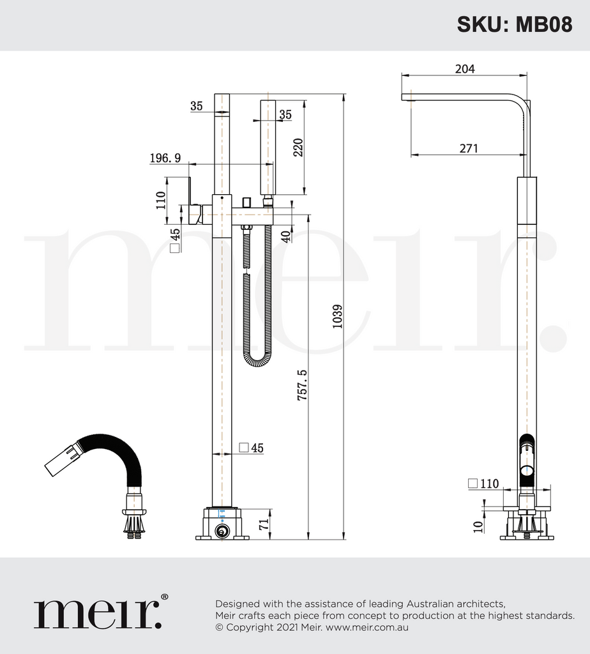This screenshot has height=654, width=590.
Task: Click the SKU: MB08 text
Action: click(x=514, y=24)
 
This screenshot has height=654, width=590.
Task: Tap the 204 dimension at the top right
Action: click(x=464, y=69)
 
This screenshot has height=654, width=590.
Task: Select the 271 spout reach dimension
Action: click(x=468, y=149)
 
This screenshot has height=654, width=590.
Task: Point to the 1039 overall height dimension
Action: click(x=338, y=316)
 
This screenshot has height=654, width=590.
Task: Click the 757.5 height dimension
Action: click(x=302, y=384)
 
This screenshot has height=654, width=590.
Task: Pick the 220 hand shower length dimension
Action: click(x=298, y=148)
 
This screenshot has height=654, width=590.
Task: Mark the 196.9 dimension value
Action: click(x=165, y=158)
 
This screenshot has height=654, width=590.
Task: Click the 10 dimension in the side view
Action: click(x=478, y=525)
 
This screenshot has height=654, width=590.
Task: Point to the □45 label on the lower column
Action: click(x=250, y=448)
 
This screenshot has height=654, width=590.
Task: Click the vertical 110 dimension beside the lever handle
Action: click(x=160, y=201)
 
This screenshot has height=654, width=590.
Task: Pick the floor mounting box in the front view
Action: click(x=222, y=524)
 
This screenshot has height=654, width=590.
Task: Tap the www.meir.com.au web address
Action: click(x=367, y=627)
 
